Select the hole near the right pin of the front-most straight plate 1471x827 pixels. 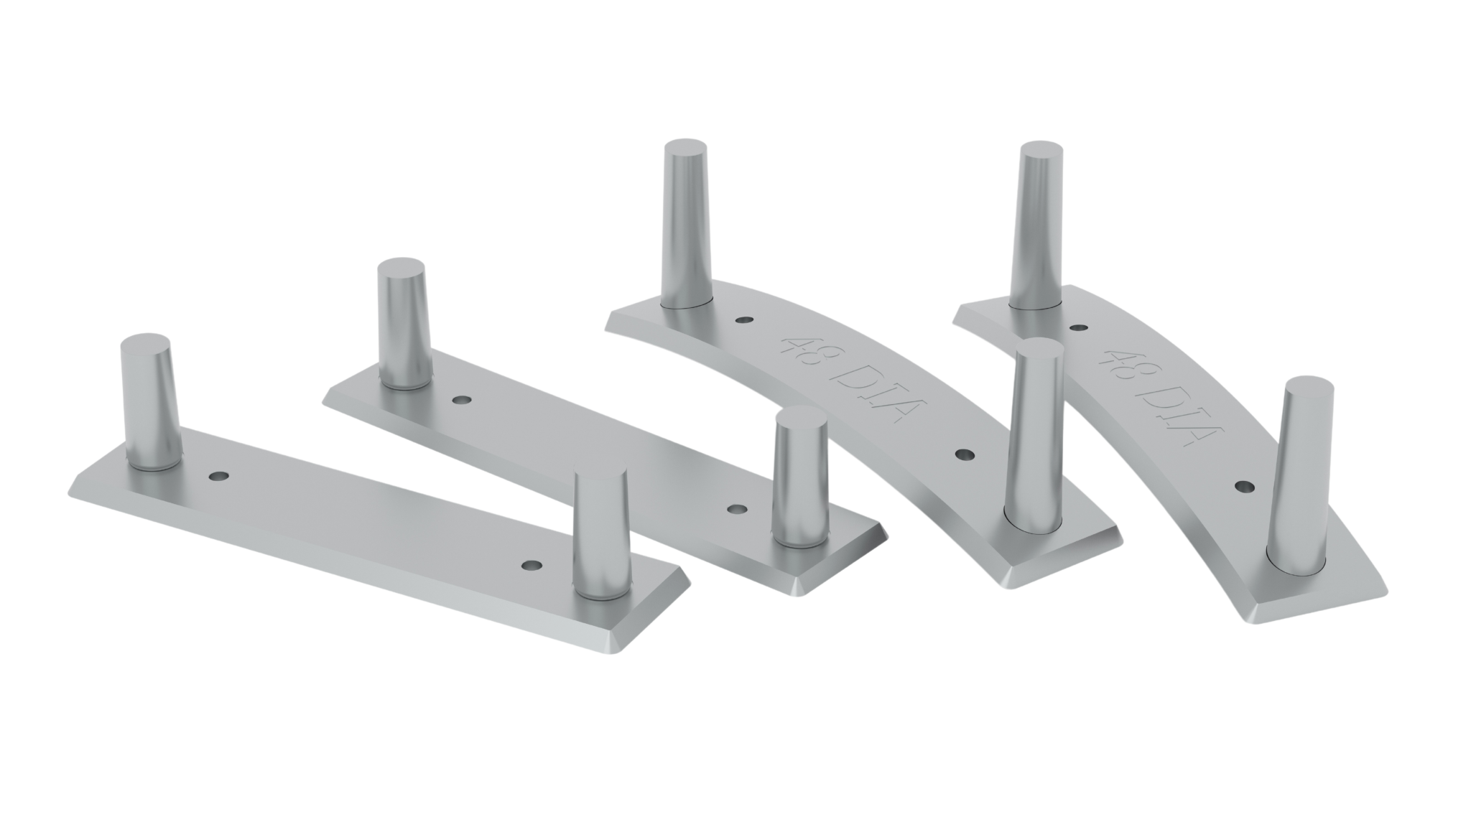[532, 565]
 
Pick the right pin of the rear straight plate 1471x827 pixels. [800, 477]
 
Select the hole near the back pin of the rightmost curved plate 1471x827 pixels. [1077, 327]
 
